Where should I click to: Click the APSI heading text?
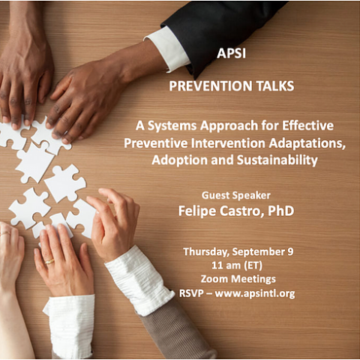point(231,53)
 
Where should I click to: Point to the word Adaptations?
point(307,143)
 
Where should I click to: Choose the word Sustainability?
point(277,160)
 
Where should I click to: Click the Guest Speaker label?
point(236,196)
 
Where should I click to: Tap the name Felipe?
point(197,211)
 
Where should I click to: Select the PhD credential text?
point(280,211)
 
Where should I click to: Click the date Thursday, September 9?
point(238,252)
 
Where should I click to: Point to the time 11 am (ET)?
point(237,265)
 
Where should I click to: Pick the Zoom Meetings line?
point(238,279)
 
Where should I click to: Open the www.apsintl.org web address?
point(255,293)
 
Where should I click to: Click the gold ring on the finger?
point(49,262)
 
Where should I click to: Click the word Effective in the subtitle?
point(307,125)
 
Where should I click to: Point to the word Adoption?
point(179,160)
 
